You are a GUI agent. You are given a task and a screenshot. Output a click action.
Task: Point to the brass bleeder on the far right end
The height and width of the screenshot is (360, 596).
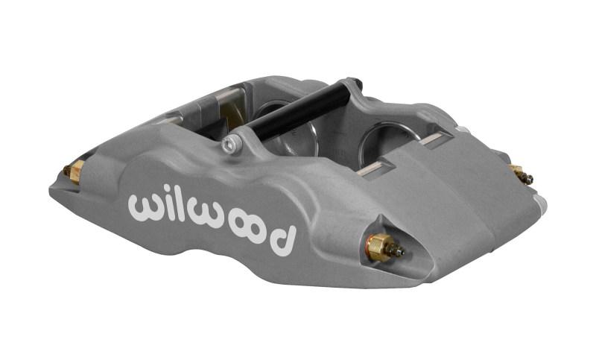pyautogui.click(x=520, y=174)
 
